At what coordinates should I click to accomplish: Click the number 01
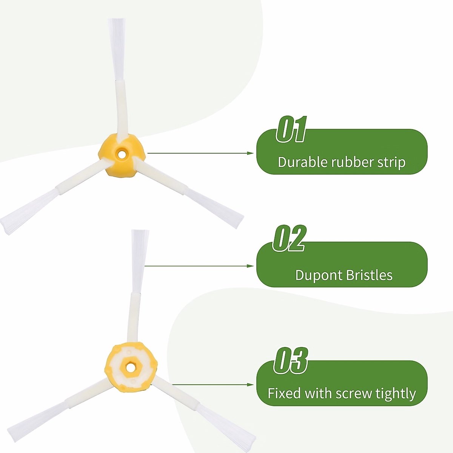(291, 130)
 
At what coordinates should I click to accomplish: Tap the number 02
(289, 239)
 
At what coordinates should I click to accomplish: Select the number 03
(291, 361)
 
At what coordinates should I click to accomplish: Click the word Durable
(302, 162)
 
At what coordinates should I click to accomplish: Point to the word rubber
(352, 162)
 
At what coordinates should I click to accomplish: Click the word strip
(391, 163)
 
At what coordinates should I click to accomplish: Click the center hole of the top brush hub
(121, 154)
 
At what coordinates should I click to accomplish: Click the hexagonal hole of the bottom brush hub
(131, 367)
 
